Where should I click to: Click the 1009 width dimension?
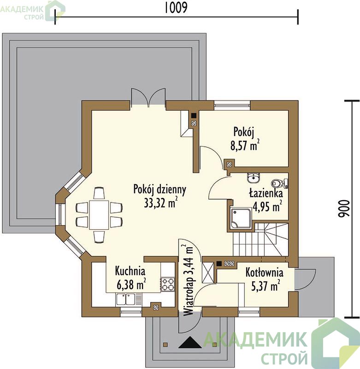click(x=176, y=7)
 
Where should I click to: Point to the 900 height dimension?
click(x=343, y=208)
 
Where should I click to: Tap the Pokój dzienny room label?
click(x=159, y=190)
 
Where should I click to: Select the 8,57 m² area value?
click(x=245, y=145)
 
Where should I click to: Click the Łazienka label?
click(x=266, y=194)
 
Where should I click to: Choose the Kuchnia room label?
click(x=130, y=271)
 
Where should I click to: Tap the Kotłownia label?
click(x=264, y=273)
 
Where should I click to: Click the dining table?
click(x=99, y=215)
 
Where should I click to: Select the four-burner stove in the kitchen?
click(x=168, y=284)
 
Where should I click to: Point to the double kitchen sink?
click(x=125, y=299)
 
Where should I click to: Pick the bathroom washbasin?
click(x=254, y=178)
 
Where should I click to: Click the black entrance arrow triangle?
click(x=190, y=342)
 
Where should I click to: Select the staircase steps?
click(x=260, y=239)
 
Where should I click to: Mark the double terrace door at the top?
click(x=148, y=97)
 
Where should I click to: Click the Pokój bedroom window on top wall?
click(x=232, y=105)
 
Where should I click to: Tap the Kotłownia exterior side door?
click(x=305, y=279)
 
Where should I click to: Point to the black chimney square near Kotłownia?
click(x=219, y=263)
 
